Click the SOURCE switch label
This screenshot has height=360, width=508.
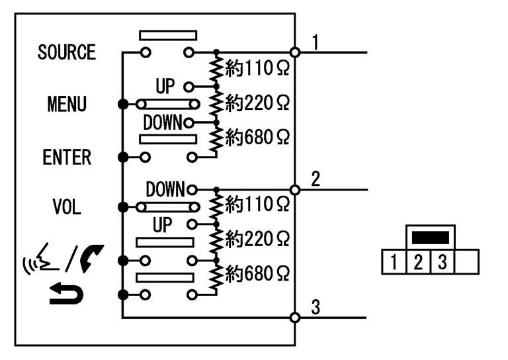pos(67,52)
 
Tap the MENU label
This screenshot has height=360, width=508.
pos(67,105)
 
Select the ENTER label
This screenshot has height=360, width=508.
pos(67,157)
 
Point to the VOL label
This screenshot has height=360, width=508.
pos(67,206)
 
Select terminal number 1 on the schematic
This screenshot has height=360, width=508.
pos(316,42)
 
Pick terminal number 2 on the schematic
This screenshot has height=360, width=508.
pos(316,179)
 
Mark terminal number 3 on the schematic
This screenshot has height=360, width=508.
pos(316,307)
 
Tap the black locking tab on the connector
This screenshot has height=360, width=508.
pos(430,236)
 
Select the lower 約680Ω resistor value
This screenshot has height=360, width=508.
pos(257,272)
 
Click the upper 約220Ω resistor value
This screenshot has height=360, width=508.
pos(257,103)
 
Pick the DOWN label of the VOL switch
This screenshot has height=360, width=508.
pos(165,189)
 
